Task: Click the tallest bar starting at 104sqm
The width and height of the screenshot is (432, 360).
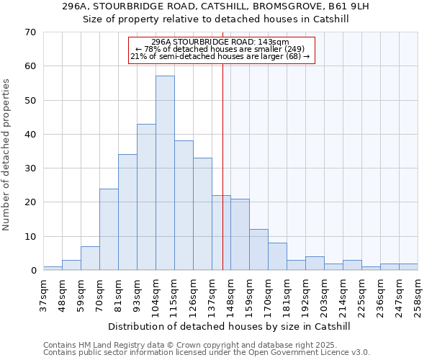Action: point(165,173)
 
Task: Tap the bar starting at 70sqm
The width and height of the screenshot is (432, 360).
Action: point(109,229)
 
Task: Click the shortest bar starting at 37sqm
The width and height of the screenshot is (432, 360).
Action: point(53,269)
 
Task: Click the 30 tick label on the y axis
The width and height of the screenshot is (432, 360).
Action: point(30,168)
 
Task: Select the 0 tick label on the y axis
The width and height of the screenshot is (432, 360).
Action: point(33,271)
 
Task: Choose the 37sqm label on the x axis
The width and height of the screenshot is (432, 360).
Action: point(44,295)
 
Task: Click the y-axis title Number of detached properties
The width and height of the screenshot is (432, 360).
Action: point(6,155)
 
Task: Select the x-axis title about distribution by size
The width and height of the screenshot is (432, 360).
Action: point(231,326)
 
